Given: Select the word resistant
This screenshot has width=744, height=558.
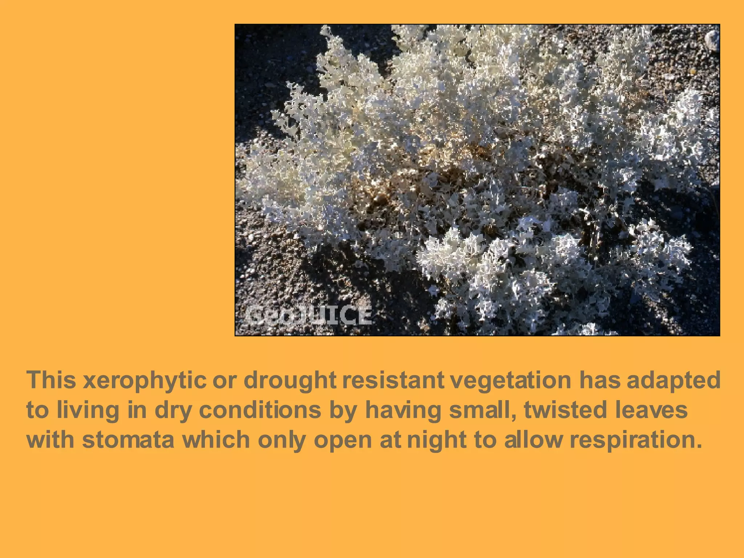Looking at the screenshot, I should pyautogui.click(x=393, y=380).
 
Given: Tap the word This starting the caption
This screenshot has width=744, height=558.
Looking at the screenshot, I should pyautogui.click(x=51, y=380).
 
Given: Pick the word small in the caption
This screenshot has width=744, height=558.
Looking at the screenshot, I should pyautogui.click(x=481, y=410).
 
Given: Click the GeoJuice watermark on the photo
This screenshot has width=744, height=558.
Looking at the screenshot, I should pyautogui.click(x=308, y=315).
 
